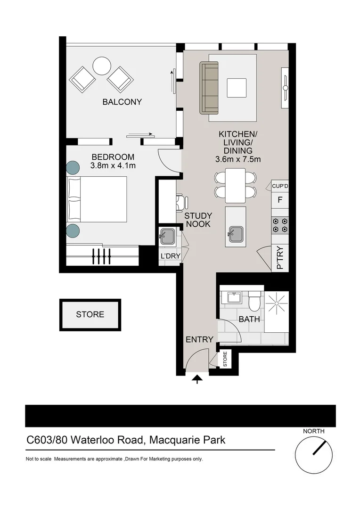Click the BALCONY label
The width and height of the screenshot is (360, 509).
click(x=122, y=102)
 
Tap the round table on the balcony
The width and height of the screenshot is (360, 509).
click(x=102, y=66)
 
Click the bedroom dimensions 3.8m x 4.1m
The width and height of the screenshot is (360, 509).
click(x=113, y=165)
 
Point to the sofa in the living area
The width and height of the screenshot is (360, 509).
click(x=209, y=88)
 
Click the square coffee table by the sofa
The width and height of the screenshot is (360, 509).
click(x=237, y=88)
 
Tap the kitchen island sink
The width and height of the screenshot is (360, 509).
click(x=236, y=234)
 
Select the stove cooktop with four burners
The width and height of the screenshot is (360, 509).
click(x=280, y=225)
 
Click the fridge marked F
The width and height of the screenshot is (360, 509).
click(x=280, y=200)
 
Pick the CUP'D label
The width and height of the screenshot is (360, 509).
click(x=280, y=186)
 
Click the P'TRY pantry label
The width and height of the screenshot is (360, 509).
click(x=280, y=259)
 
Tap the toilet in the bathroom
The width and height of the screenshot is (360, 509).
click(x=254, y=302)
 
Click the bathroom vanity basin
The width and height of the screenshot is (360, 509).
click(x=234, y=297)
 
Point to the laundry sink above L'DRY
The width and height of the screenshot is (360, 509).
click(x=168, y=235)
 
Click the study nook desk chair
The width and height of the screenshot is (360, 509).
click(x=180, y=203)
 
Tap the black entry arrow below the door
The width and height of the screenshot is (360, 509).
click(x=197, y=379)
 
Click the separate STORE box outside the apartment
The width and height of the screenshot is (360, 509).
click(x=90, y=315)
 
